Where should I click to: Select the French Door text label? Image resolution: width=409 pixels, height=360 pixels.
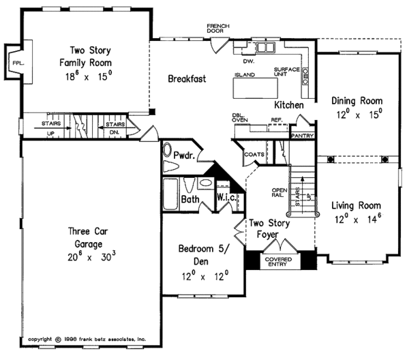point(219,28)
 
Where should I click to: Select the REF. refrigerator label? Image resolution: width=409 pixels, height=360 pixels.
point(276,119)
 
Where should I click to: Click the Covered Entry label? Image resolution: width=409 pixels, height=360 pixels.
point(279,262)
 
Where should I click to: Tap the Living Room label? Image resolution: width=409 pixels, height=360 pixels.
point(357,205)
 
